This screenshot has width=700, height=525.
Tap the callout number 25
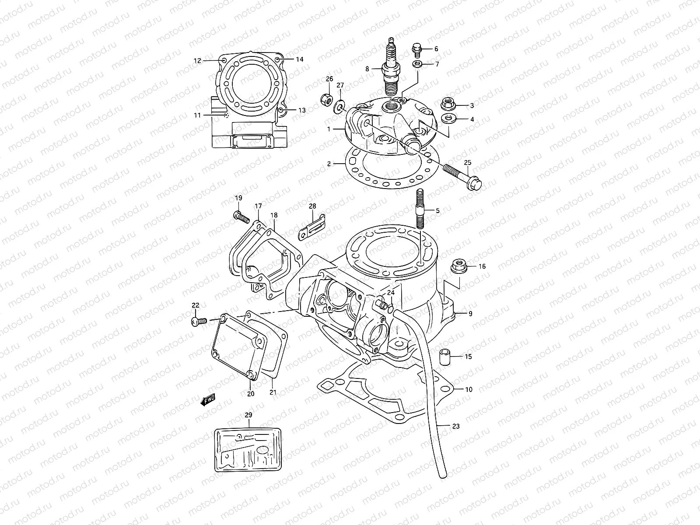click(x=467, y=163)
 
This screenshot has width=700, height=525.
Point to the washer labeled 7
click(x=417, y=64)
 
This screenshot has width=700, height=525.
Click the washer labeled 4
click(x=447, y=119)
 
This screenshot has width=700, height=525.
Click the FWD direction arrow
click(x=208, y=399)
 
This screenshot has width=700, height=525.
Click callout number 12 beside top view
click(x=197, y=61)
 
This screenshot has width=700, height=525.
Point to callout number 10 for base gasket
click(x=469, y=389)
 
